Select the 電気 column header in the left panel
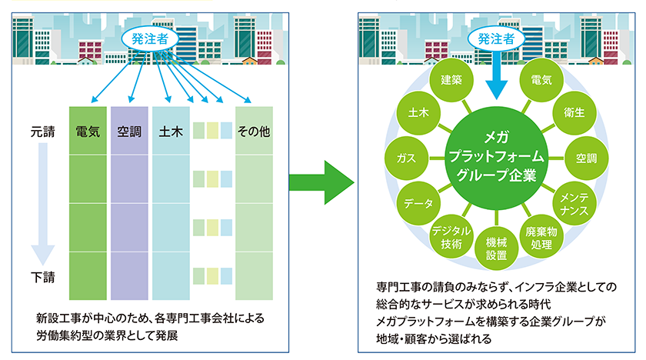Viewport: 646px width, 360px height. pos(87,132)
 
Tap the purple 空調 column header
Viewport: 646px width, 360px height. pos(129,132)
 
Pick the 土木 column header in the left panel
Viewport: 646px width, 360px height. pos(170,132)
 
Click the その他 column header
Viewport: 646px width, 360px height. pos(254,132)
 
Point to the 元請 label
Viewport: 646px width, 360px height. pos(42,132)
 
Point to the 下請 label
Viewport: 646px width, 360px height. pos(42,275)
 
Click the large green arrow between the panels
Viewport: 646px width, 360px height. pos(321,182)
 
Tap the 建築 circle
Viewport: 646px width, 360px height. pos(451,80)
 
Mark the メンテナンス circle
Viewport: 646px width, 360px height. pos(574,204)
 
